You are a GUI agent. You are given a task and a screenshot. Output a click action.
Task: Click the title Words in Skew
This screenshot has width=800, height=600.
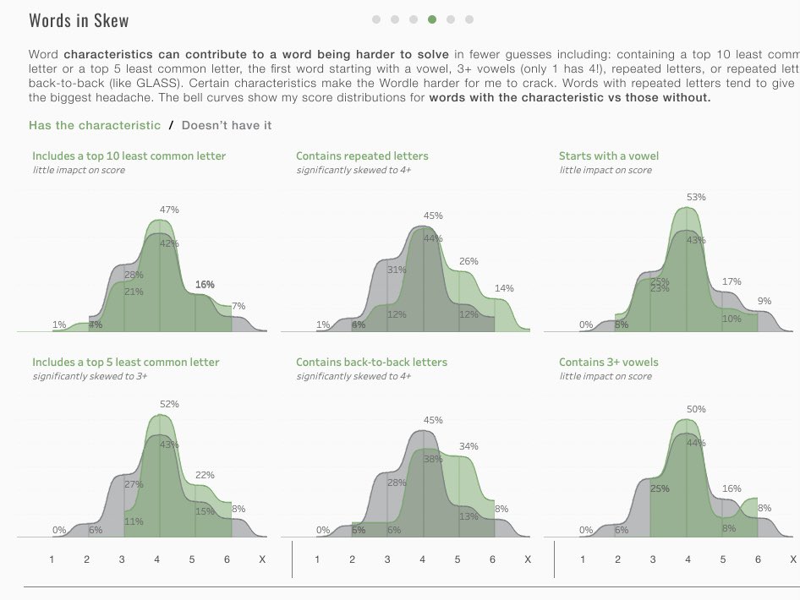point(79,20)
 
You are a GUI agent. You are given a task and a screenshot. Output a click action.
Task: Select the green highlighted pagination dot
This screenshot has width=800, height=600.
point(432,19)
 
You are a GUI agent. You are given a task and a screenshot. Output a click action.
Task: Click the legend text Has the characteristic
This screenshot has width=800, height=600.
point(94,125)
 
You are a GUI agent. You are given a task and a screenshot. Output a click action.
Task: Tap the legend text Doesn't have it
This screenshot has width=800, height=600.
point(227,125)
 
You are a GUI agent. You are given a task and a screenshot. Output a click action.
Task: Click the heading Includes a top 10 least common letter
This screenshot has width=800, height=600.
point(129,155)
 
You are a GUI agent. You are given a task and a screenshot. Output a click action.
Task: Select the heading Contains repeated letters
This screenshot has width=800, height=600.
point(362,155)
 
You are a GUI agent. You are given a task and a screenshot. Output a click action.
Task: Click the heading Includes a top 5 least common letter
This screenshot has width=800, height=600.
point(125,363)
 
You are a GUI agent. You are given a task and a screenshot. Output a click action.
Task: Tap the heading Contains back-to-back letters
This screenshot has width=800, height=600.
point(371,363)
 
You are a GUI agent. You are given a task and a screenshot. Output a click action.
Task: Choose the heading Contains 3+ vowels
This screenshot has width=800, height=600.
point(608,363)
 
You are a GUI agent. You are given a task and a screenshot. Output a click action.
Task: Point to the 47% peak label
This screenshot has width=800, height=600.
point(169,210)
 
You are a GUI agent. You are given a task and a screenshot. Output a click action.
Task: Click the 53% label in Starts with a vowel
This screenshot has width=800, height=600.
point(696,197)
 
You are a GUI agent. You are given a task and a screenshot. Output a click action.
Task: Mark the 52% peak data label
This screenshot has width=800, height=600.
point(169,404)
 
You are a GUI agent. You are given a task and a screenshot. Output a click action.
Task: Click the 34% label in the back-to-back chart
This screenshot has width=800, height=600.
point(468,446)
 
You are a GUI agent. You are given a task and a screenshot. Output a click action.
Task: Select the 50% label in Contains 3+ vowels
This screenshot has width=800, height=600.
point(696,409)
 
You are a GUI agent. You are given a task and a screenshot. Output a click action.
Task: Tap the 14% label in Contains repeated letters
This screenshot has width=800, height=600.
point(504,288)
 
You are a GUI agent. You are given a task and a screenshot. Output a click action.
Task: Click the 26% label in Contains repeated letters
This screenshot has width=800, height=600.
point(468,262)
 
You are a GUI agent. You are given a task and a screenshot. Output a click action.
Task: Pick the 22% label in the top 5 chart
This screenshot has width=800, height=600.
point(205,475)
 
